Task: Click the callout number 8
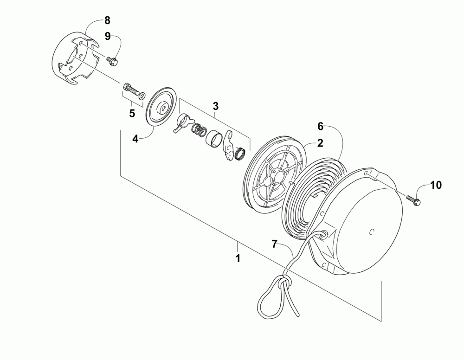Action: click(107, 20)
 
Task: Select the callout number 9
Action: click(107, 37)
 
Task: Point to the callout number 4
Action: click(135, 139)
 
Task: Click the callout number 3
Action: click(216, 106)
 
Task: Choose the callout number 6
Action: click(320, 126)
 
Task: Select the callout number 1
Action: click(238, 258)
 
